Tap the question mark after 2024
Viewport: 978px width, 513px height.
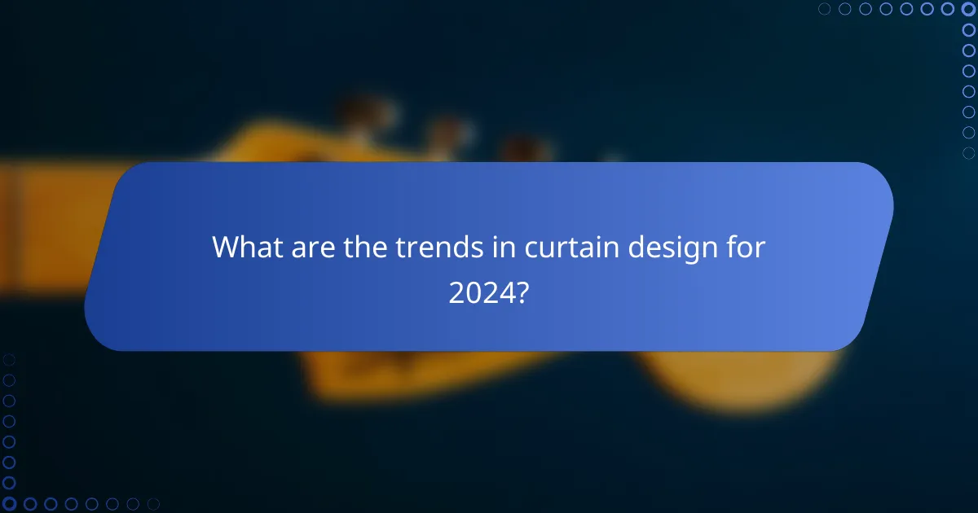pyautogui.click(x=523, y=292)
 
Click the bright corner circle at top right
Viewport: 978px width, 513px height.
pyautogui.click(x=969, y=9)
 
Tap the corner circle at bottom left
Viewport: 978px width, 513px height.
pyautogui.click(x=9, y=504)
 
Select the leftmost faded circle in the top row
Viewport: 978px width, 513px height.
pyautogui.click(x=825, y=9)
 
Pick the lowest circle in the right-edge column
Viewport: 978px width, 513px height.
pyautogui.click(x=969, y=152)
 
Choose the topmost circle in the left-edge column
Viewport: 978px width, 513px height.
pyautogui.click(x=9, y=359)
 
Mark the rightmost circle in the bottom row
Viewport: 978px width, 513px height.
pyautogui.click(x=153, y=504)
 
